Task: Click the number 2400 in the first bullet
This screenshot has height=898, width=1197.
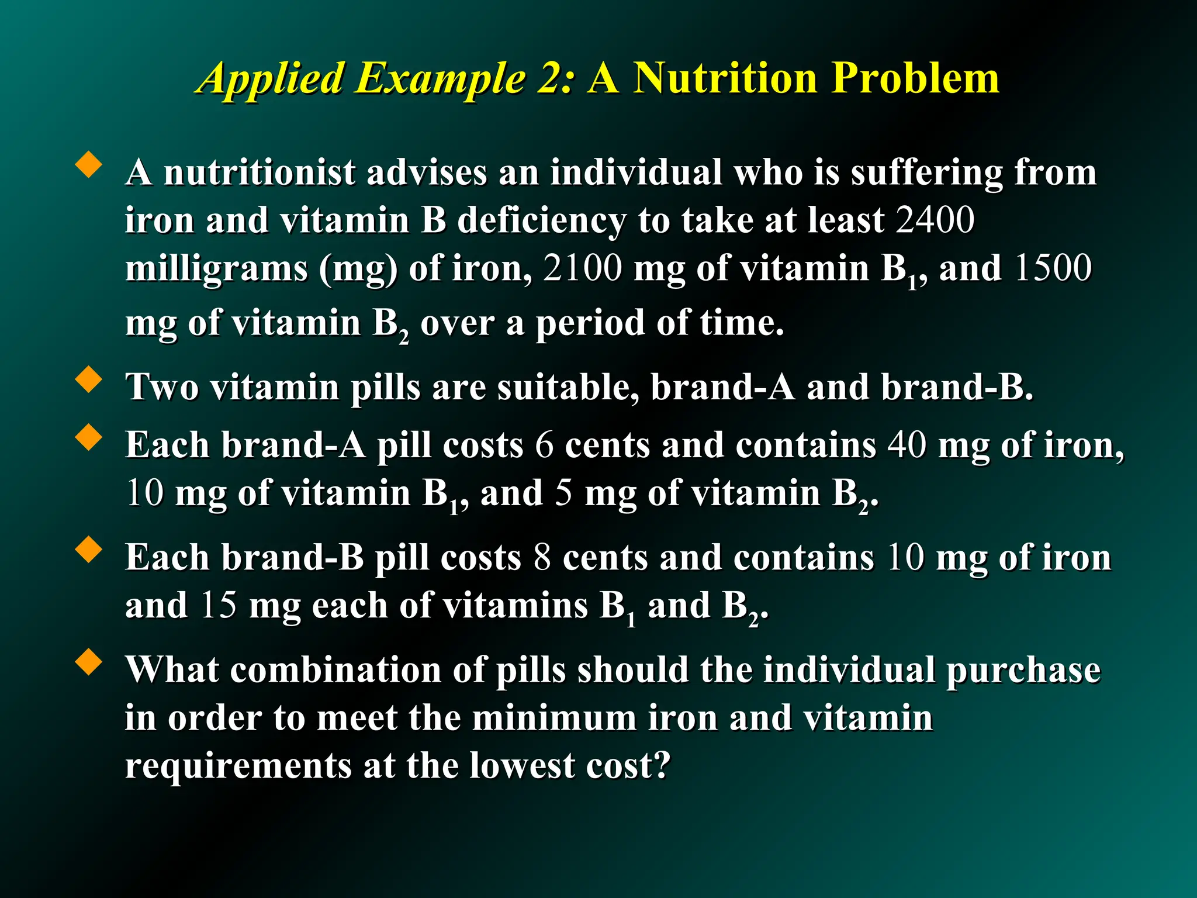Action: (935, 220)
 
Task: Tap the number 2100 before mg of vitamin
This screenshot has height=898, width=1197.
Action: (582, 268)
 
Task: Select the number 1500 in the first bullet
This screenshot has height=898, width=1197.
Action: (1053, 268)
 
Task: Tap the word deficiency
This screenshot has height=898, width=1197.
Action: (541, 220)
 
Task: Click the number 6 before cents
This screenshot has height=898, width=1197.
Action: (544, 445)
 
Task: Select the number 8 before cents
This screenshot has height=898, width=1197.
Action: (542, 557)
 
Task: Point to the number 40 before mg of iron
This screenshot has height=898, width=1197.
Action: (907, 445)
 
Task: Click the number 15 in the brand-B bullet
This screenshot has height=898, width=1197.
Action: (218, 605)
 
